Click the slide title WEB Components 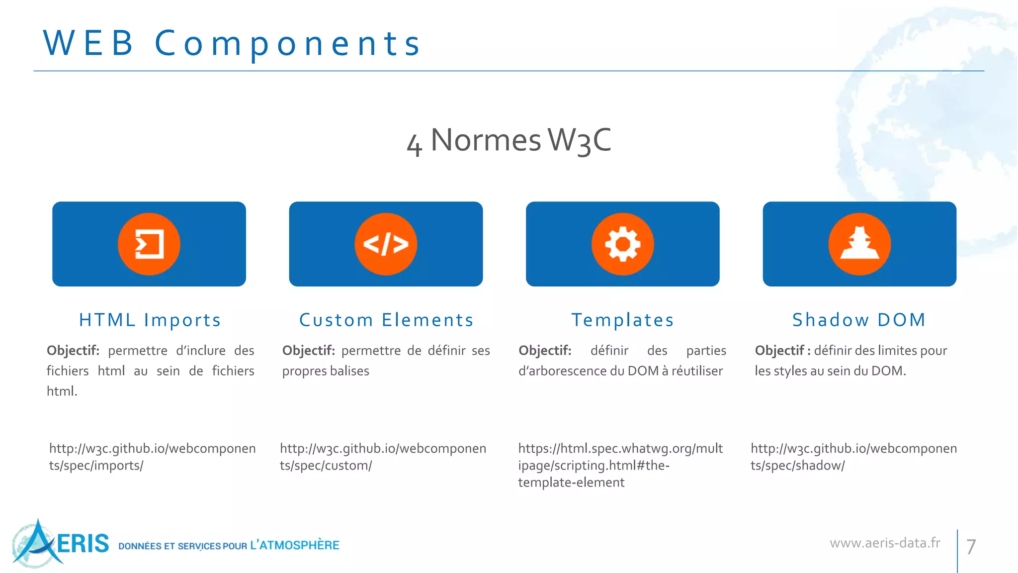click(232, 43)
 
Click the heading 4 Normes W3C click(509, 140)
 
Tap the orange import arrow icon click(149, 244)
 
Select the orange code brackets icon click(386, 244)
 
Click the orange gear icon click(622, 244)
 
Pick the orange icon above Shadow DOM click(859, 244)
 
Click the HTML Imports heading click(150, 320)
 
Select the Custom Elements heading click(386, 320)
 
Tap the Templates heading click(622, 320)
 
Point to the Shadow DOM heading click(859, 320)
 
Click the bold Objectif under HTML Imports click(73, 351)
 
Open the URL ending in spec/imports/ click(152, 457)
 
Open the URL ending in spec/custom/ click(383, 457)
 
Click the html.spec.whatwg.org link click(620, 465)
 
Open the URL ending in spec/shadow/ click(853, 457)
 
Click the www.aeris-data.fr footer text click(885, 543)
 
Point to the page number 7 click(971, 547)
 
